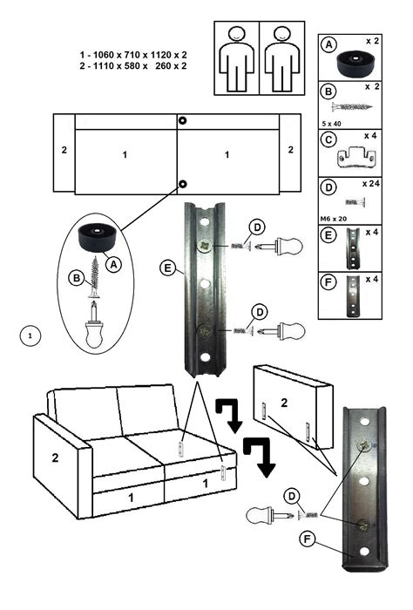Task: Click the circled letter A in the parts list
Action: click(329, 44)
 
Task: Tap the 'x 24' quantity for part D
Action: click(371, 184)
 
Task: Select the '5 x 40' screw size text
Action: click(331, 124)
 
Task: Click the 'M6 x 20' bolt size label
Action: click(334, 219)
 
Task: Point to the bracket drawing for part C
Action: click(356, 157)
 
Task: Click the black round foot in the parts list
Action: click(355, 63)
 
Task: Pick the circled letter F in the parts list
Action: click(328, 282)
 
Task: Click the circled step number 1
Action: click(30, 335)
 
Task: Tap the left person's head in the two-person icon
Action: click(236, 33)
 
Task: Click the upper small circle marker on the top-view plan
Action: click(182, 120)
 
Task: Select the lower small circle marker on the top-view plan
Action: click(182, 184)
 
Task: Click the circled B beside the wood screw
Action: click(77, 278)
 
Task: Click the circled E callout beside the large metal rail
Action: click(168, 268)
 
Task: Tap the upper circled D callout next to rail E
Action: click(257, 227)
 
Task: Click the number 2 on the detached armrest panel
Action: click(284, 403)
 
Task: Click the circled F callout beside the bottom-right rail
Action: click(308, 539)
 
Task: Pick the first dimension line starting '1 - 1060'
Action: click(133, 55)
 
